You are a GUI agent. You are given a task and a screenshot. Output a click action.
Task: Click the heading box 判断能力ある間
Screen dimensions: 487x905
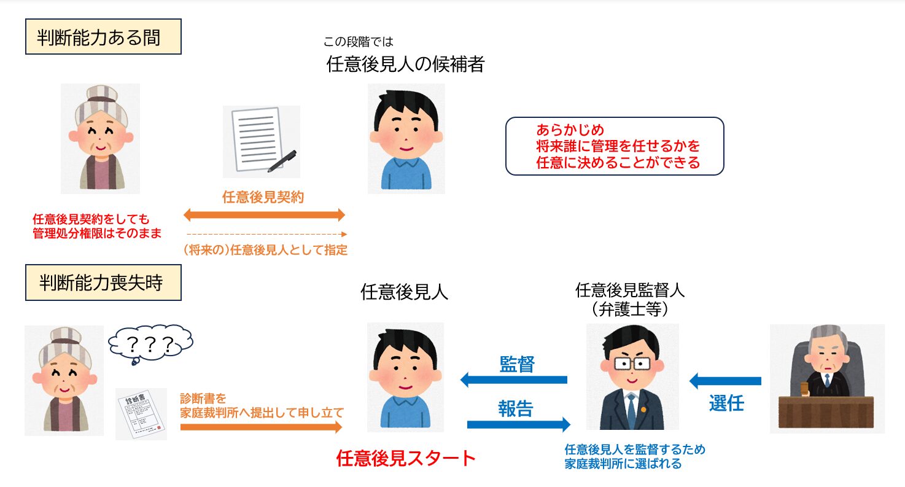(x=103, y=38)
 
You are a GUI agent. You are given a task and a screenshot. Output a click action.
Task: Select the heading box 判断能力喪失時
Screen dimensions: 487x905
(x=103, y=284)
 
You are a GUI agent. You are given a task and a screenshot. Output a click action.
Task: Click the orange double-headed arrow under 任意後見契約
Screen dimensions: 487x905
(x=265, y=215)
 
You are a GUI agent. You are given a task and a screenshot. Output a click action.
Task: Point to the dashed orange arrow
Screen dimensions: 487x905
(x=267, y=234)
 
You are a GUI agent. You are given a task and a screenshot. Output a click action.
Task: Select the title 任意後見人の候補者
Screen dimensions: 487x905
(x=405, y=64)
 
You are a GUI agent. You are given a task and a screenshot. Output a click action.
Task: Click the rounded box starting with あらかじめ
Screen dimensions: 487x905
(x=614, y=146)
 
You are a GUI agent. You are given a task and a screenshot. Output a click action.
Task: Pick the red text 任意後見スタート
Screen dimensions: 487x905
(x=406, y=458)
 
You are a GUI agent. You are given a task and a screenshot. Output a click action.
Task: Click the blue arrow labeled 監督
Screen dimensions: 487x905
(x=514, y=380)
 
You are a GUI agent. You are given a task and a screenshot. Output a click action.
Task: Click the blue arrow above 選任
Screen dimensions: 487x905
(x=725, y=381)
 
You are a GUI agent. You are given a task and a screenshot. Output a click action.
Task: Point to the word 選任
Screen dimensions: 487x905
(x=726, y=403)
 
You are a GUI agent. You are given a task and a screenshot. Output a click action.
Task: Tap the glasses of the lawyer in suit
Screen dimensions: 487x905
(x=632, y=364)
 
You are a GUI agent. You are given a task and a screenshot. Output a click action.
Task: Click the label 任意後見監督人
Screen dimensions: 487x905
(x=630, y=289)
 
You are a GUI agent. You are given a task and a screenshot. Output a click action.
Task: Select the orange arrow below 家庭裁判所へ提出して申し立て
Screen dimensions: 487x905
(x=261, y=427)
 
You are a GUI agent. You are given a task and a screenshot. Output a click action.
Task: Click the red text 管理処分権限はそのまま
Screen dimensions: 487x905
(x=97, y=233)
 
